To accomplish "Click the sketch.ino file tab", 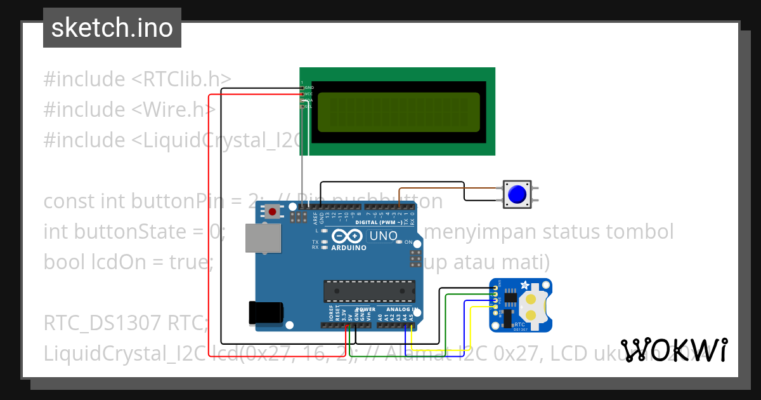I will click(112, 28).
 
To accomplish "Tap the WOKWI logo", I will click(673, 350).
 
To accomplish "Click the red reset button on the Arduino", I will click(273, 211).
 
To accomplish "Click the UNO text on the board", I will click(383, 236).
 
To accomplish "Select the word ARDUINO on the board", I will click(349, 248).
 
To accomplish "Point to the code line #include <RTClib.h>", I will click(137, 79).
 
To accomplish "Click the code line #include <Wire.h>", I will click(129, 110).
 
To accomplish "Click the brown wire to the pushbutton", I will click(444, 189).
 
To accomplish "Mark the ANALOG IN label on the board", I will click(402, 309).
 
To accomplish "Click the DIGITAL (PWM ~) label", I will click(379, 222).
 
